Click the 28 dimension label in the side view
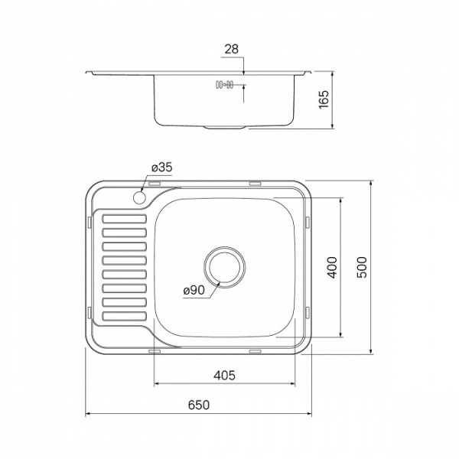pyautogui.click(x=233, y=49)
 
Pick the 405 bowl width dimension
pyautogui.click(x=224, y=375)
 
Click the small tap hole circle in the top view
pyautogui.click(x=139, y=198)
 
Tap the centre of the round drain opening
pyautogui.click(x=224, y=266)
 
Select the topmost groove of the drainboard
pyautogui.click(x=124, y=219)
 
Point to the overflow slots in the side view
pyautogui.click(x=223, y=85)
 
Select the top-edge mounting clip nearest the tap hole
pyautogui.click(x=153, y=184)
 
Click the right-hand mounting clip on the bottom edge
pyautogui.click(x=255, y=351)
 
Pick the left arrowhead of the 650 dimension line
pyautogui.click(x=86, y=415)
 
